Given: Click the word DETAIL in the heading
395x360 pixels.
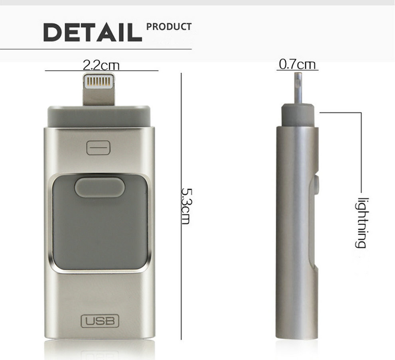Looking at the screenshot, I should (x=93, y=33).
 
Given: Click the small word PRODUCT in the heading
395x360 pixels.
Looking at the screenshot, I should (x=169, y=27).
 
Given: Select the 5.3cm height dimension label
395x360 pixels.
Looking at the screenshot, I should (x=186, y=206).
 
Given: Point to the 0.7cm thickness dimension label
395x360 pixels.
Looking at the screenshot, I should (x=297, y=64).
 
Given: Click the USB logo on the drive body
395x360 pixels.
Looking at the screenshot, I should (x=100, y=321).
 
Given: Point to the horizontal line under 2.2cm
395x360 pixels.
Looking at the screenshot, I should (x=102, y=71).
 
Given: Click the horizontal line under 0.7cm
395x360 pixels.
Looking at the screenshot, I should (x=297, y=70).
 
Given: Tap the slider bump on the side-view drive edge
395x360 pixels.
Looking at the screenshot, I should (x=316, y=186).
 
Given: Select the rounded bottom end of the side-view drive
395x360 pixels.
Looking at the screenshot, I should (x=296, y=333).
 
